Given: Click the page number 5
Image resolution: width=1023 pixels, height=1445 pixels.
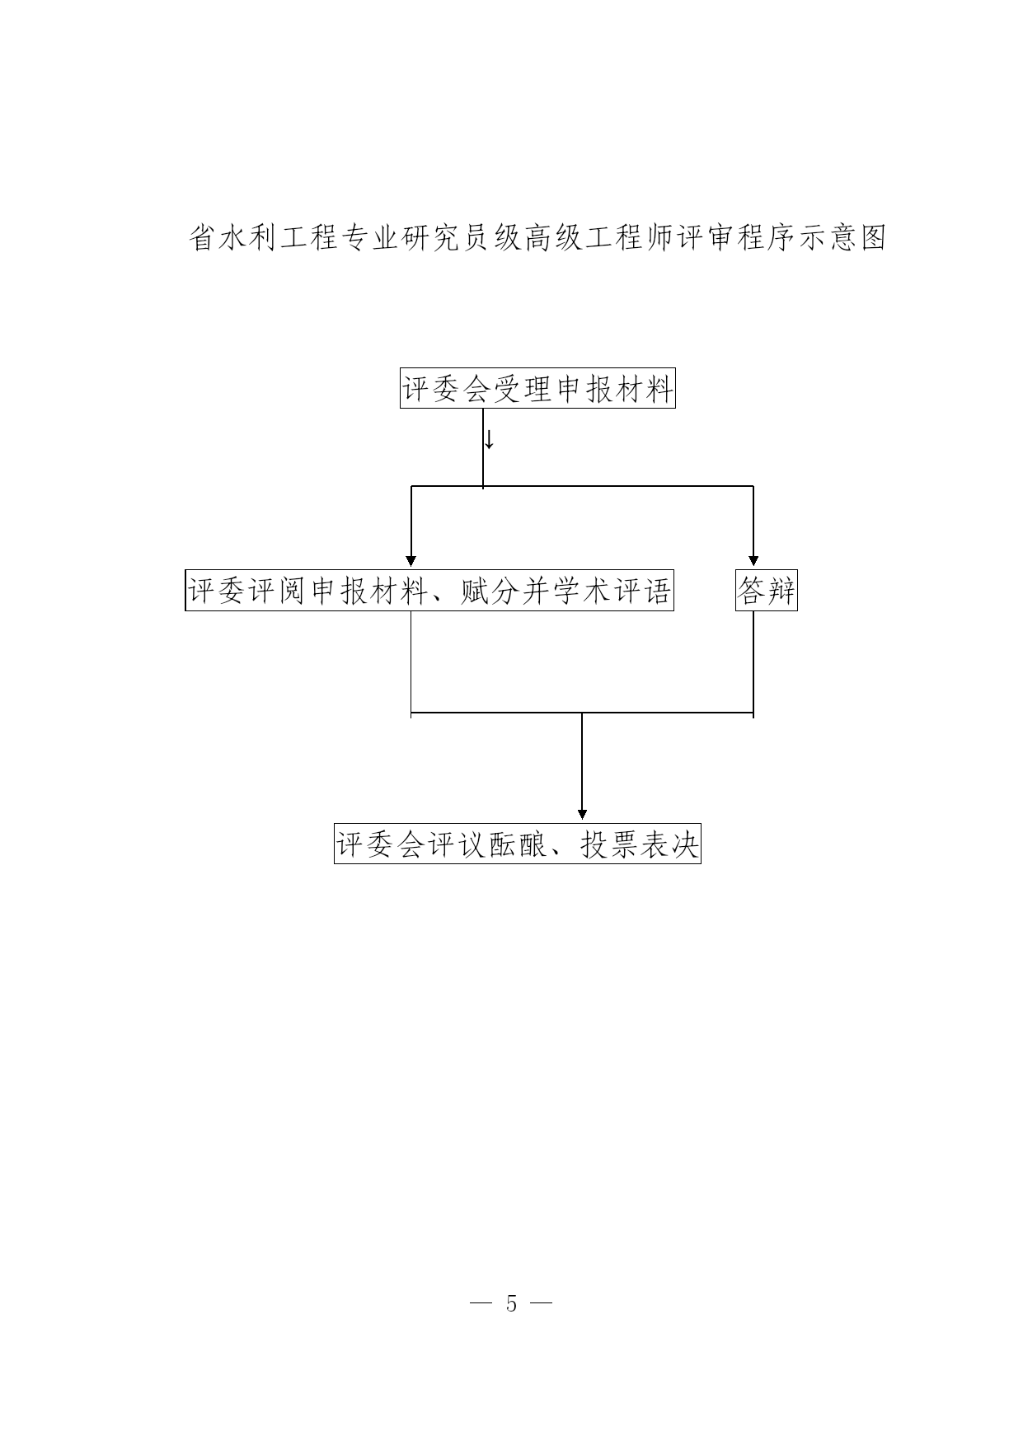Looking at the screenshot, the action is pos(511,1304).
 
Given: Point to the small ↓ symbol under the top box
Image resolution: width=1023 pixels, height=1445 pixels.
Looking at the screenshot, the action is pos(489,440).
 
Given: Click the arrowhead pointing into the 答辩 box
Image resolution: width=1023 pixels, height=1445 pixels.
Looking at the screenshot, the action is pos(753,561).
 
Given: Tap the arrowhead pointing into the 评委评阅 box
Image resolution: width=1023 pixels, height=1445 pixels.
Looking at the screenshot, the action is pos(411,561).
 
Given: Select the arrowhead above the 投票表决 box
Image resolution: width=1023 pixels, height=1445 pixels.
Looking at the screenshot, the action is pos(582,815).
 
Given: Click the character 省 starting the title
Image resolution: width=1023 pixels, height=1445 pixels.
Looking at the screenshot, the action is pos(203,238).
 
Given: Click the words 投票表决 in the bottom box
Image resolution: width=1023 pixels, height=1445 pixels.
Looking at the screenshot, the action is pos(640,844).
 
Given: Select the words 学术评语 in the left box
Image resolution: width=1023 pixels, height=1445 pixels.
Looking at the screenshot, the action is pos(612,592).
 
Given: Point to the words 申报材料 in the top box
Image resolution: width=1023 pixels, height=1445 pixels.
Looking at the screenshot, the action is pos(615,389).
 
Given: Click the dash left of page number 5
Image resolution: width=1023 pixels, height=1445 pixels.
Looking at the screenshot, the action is pos(481,1304).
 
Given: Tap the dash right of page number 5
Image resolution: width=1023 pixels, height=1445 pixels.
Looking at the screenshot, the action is pos(541,1304).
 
